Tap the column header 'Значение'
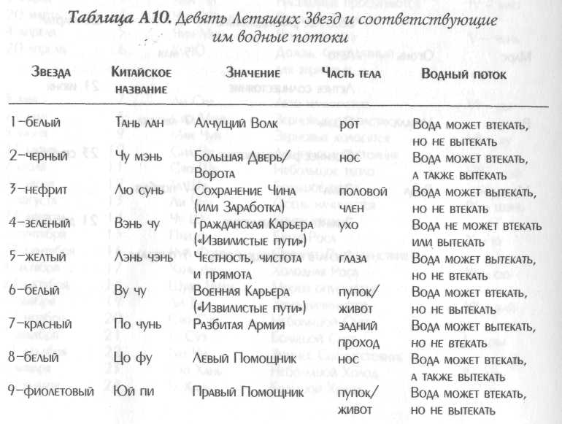tap(253, 74)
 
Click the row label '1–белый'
tap(36, 124)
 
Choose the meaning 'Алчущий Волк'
tap(236, 124)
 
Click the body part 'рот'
tap(347, 124)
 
